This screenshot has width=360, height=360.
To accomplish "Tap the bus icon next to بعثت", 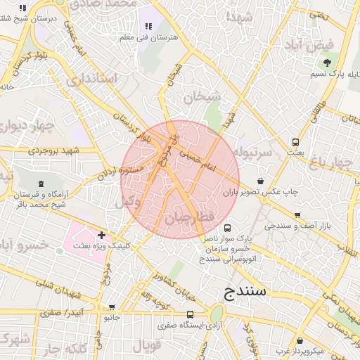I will (296, 142).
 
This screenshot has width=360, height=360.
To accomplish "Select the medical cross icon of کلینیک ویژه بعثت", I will (102, 235).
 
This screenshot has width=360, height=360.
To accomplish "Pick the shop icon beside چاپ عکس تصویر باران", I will (262, 180).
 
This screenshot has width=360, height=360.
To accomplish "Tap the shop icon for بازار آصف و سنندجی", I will (297, 215).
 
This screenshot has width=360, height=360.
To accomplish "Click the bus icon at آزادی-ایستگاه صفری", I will (190, 314).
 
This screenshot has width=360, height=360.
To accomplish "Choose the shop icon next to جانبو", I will (111, 307).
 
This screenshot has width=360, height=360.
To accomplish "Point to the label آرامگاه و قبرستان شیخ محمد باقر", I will (44, 199).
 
